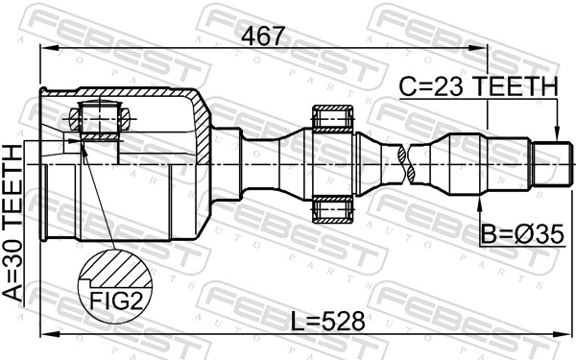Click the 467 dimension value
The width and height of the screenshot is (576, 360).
262,36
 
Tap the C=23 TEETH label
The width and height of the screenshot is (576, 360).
478,86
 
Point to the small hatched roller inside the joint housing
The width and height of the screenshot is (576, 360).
100,120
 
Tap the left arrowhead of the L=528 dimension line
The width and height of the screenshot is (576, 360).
43,334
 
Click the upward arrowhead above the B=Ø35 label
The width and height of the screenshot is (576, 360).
482,205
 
